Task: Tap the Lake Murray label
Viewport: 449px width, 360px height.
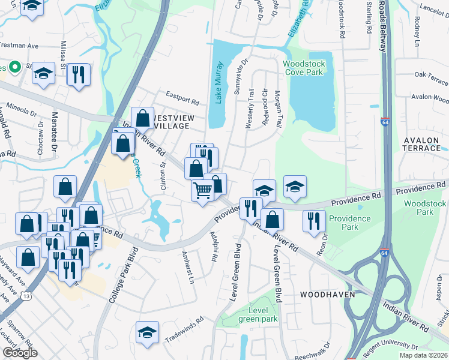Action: point(219,82)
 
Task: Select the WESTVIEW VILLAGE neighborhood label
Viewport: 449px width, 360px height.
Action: point(174,122)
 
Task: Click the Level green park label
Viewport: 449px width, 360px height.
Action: point(258,314)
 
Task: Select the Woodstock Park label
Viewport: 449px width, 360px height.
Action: point(426,208)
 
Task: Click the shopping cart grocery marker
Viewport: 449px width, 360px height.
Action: point(202,191)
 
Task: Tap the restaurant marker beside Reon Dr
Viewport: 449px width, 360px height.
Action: point(314,220)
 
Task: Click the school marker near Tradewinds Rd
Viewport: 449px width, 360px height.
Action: point(147,332)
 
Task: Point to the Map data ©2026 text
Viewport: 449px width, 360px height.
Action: point(424,355)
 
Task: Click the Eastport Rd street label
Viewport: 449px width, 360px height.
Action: point(182,100)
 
